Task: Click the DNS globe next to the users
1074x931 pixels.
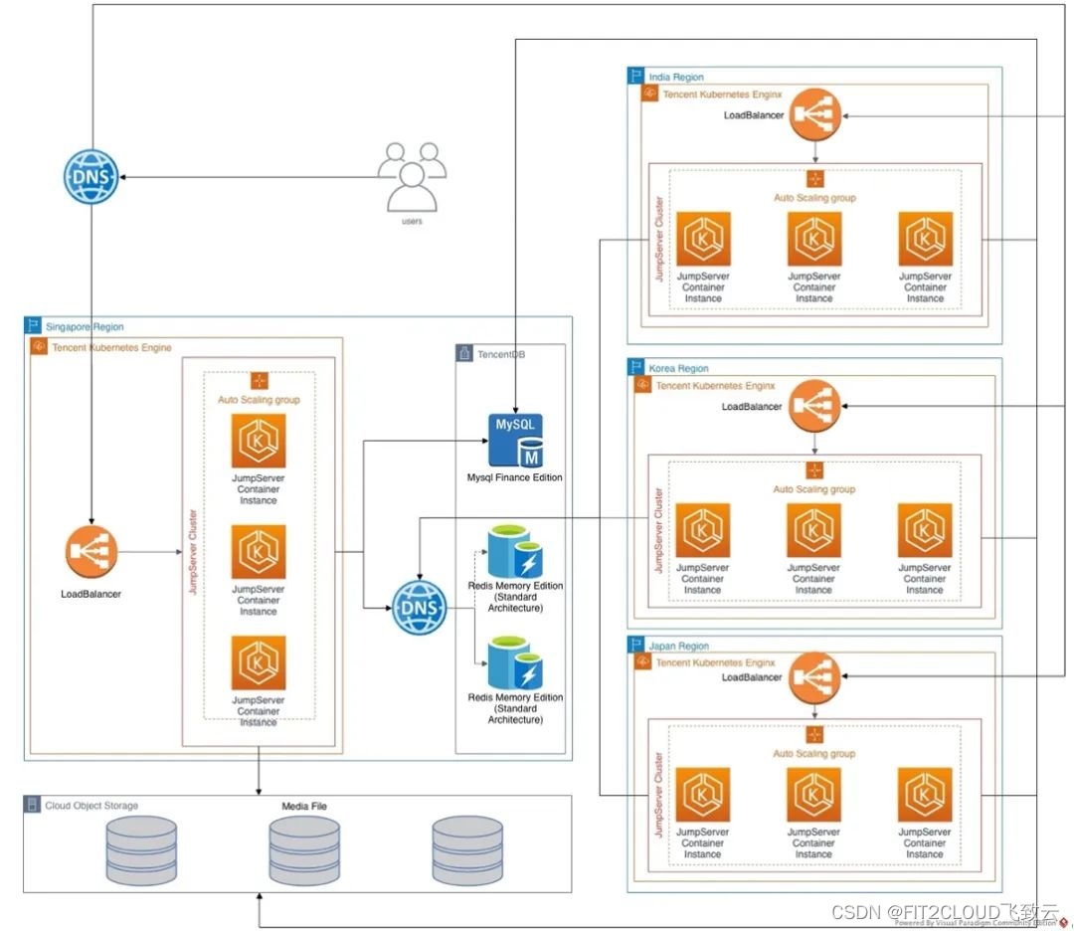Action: pos(90,177)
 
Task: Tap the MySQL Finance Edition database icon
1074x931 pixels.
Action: pos(518,440)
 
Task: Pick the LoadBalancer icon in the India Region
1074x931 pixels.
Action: pos(815,115)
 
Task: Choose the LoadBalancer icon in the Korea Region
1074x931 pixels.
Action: pos(814,406)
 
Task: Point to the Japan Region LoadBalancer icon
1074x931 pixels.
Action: pos(814,677)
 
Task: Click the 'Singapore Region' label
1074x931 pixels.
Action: pos(85,326)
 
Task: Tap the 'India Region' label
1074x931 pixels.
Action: pos(675,77)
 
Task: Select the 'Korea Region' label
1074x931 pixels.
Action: pos(678,368)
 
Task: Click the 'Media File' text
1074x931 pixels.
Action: pos(303,806)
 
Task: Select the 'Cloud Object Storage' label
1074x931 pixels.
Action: pos(91,806)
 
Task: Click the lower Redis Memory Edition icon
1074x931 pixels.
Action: pos(514,664)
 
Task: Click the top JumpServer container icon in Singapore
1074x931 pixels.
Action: pos(259,441)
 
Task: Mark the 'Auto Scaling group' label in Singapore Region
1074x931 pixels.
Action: pos(259,400)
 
